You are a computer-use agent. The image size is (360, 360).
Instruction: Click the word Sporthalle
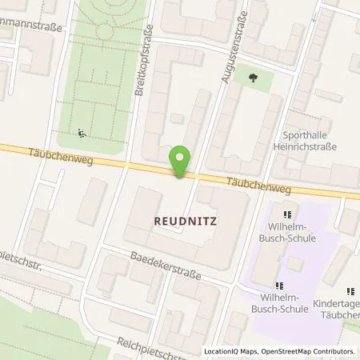tap(310, 136)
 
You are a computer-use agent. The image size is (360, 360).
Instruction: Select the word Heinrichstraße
tap(309, 147)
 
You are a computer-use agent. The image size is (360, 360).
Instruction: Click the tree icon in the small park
tap(254, 78)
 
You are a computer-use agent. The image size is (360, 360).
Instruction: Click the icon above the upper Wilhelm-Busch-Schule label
tap(285, 214)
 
